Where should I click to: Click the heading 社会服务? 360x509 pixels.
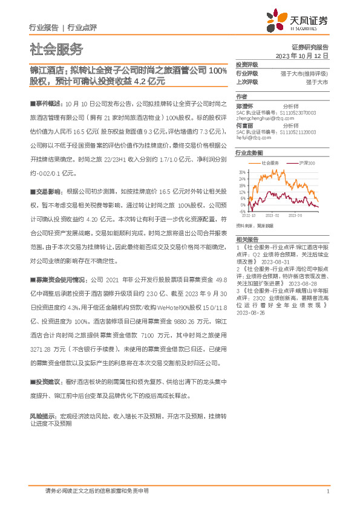(x=56, y=50)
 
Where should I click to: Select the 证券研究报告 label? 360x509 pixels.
(x=309, y=47)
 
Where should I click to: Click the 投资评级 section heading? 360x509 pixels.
(x=247, y=65)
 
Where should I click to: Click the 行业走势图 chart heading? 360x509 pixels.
(x=249, y=154)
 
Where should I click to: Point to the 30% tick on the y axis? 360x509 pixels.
(x=241, y=172)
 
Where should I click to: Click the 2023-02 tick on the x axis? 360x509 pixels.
(x=273, y=215)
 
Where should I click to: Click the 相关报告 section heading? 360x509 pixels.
(x=246, y=239)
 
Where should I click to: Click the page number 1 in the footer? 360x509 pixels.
(x=327, y=491)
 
